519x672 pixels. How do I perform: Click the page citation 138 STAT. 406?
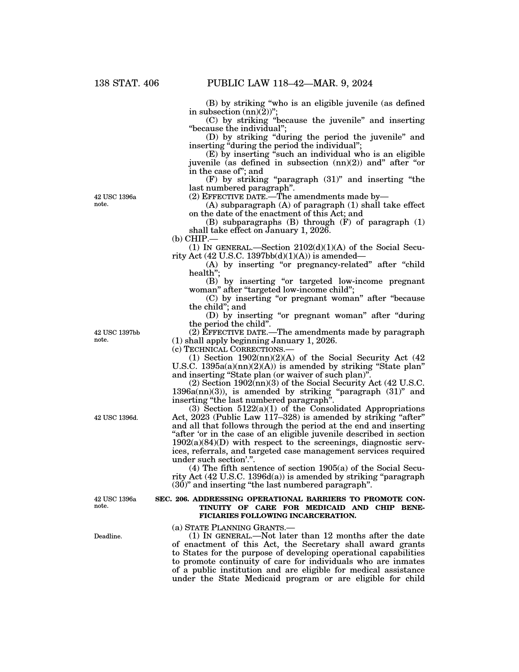[x=127, y=83]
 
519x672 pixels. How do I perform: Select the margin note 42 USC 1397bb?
[x=117, y=332]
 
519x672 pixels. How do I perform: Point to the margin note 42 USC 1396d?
[x=116, y=417]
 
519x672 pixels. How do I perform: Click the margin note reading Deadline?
[x=108, y=536]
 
